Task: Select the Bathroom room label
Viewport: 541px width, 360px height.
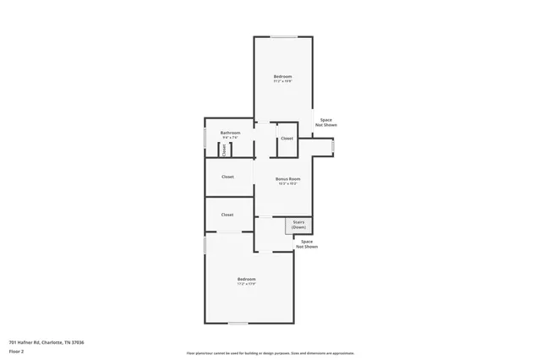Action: point(231,133)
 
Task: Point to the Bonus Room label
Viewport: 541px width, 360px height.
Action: point(288,179)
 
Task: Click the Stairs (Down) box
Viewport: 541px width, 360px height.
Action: point(298,226)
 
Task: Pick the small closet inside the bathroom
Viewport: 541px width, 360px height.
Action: point(224,150)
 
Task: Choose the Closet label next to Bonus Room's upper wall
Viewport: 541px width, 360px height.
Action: point(287,139)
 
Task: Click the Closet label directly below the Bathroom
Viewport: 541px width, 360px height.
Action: point(227,177)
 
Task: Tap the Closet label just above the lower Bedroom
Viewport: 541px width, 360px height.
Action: point(227,215)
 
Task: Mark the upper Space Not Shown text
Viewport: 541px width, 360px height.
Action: point(326,123)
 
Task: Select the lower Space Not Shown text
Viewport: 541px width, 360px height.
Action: point(309,244)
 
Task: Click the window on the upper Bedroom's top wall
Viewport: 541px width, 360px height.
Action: point(283,36)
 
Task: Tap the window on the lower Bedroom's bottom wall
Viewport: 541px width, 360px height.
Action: point(239,324)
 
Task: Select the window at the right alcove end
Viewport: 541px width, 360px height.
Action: point(332,146)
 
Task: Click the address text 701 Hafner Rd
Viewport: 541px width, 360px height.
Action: point(46,342)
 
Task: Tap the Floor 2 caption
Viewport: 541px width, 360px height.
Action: point(17,349)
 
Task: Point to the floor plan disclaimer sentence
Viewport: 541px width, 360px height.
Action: point(270,353)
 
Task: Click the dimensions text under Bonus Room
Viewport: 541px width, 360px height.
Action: point(288,183)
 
